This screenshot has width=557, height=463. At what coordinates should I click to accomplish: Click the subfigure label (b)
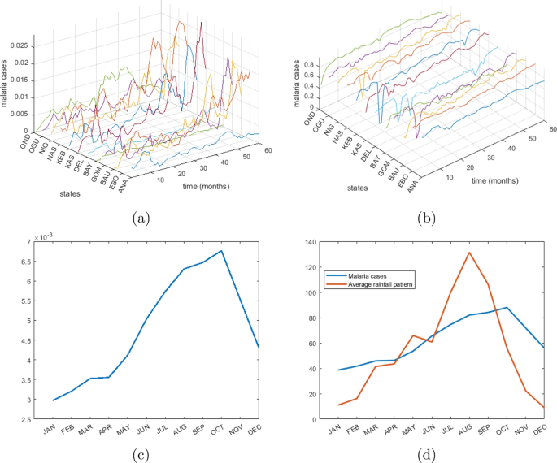click(x=422, y=217)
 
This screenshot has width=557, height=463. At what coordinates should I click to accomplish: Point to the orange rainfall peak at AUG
click(x=469, y=253)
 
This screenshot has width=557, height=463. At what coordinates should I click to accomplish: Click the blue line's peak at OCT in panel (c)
click(x=221, y=251)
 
